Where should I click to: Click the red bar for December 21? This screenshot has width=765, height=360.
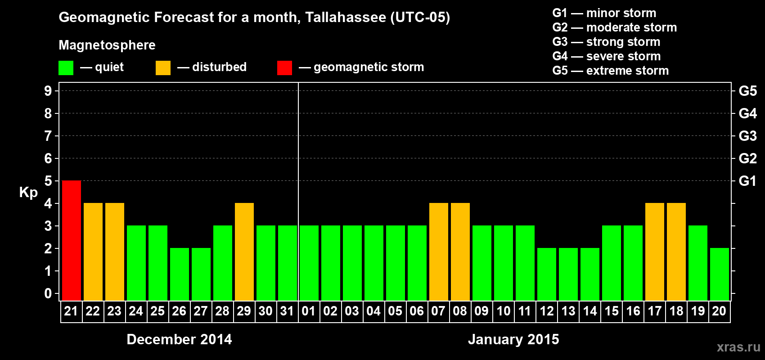point(72,240)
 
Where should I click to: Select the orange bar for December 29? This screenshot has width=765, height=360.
point(244,252)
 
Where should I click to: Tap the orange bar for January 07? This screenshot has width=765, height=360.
point(439,252)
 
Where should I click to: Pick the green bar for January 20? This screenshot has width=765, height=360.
point(720,274)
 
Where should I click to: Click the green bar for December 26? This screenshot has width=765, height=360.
point(180,274)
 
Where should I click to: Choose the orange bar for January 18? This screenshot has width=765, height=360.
point(676,252)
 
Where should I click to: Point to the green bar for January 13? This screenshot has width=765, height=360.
point(568,274)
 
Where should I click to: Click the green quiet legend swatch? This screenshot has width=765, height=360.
point(66,68)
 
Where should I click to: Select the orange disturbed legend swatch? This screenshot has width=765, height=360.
point(163,68)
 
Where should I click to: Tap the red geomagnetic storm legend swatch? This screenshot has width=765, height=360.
point(284,68)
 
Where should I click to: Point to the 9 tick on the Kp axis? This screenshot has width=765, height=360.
point(48,91)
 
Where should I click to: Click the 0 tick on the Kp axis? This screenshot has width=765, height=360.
point(48,294)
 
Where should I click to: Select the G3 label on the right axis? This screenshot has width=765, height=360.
point(747,136)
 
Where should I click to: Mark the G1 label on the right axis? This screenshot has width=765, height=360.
point(747,181)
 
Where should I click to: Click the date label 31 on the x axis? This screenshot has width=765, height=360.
point(287,311)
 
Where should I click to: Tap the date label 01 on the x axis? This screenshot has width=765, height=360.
point(309,311)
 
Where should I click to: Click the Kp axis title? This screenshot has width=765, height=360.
point(28,193)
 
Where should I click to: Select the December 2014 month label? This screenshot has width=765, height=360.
point(179,339)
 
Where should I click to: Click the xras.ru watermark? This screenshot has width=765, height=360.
point(738,347)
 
